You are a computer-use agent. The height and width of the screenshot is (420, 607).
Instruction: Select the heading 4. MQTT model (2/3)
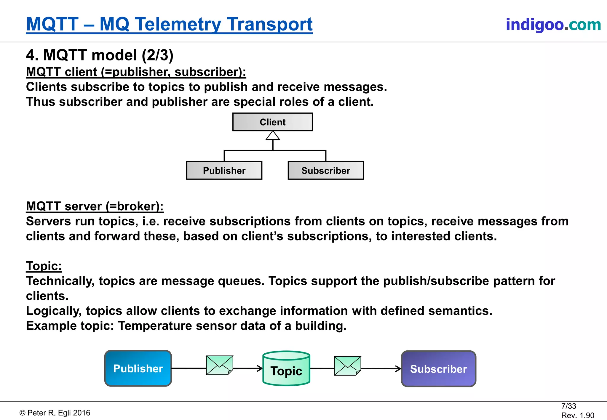[100, 55]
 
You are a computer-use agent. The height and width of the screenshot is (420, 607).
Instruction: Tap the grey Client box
[272, 122]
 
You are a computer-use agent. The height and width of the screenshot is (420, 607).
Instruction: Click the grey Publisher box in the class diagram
[224, 171]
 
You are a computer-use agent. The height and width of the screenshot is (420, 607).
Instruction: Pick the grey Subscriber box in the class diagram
[325, 171]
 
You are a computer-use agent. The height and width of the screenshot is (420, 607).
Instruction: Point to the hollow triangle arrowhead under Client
[273, 136]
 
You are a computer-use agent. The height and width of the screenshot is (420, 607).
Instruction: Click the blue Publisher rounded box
[138, 368]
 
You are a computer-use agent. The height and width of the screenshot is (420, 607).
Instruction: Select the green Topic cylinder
[286, 369]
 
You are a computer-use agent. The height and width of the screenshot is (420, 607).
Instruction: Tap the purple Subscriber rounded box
[438, 369]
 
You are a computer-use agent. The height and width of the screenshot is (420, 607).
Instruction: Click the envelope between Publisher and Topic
[220, 365]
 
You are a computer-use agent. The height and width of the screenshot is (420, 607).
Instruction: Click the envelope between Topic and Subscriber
[347, 366]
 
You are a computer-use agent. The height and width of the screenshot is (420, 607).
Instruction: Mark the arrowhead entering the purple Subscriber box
[399, 369]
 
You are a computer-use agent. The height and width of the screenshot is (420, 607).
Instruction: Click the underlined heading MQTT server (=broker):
[95, 206]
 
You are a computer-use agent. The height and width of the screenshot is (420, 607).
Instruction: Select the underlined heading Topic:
[44, 266]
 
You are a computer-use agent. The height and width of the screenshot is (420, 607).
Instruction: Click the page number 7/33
[568, 406]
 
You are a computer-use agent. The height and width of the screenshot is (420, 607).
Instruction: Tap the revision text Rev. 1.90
[577, 415]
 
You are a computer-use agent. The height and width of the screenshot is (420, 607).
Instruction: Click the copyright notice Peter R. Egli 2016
[55, 413]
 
